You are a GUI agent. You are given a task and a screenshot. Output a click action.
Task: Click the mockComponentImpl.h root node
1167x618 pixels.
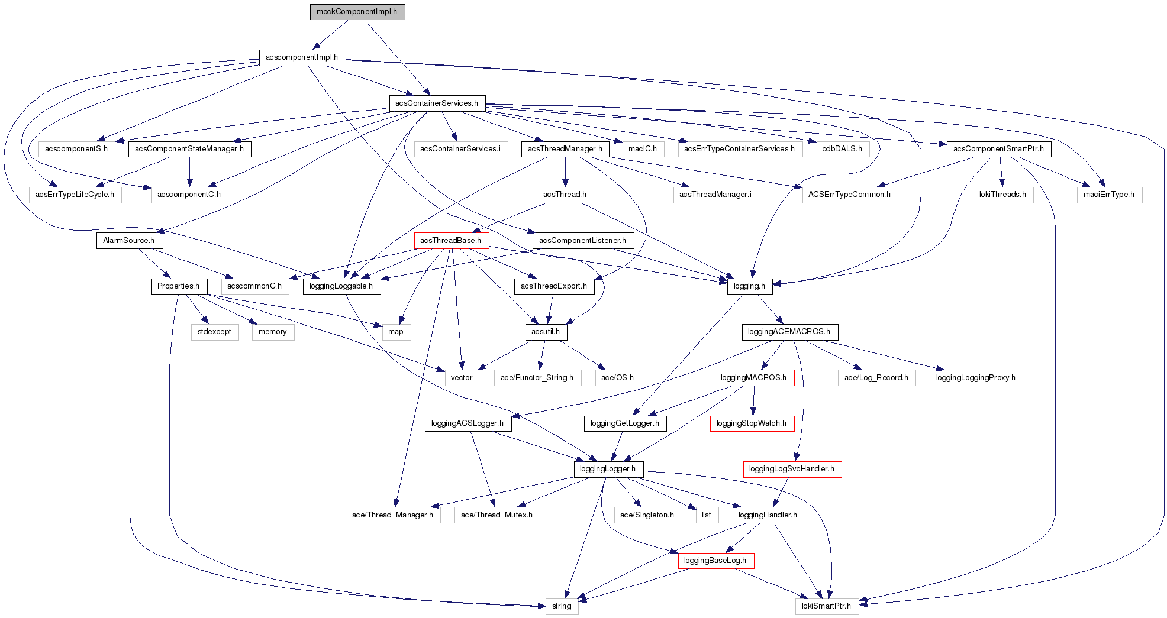[357, 12]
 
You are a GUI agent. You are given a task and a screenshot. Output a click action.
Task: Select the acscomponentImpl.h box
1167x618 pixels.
[302, 57]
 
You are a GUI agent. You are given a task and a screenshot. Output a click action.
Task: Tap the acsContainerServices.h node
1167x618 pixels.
[437, 103]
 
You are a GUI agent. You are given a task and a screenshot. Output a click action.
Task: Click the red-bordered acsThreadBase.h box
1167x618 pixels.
[451, 241]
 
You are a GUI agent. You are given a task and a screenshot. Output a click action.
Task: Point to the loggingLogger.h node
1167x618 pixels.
[608, 469]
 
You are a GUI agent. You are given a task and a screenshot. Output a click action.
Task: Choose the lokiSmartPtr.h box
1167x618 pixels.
[826, 606]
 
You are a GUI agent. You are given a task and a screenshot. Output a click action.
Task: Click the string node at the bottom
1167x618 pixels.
[562, 606]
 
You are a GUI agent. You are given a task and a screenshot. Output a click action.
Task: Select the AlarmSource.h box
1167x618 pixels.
[129, 241]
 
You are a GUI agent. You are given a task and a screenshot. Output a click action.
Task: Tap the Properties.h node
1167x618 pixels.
[179, 286]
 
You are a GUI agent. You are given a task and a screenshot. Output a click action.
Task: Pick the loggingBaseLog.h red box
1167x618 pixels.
[715, 561]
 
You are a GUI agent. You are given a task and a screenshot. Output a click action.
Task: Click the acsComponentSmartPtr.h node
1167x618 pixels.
[998, 149]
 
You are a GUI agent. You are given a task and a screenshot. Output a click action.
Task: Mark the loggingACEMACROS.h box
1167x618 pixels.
[789, 332]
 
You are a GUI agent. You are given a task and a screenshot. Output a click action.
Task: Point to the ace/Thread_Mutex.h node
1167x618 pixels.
[497, 515]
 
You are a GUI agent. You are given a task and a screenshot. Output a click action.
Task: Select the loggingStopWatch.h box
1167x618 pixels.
[752, 423]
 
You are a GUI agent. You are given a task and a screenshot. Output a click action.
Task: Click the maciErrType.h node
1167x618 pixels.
[1109, 195]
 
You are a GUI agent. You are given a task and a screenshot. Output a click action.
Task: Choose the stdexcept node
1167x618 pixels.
[214, 332]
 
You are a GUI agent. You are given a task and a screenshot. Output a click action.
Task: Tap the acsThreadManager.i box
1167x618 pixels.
[715, 195]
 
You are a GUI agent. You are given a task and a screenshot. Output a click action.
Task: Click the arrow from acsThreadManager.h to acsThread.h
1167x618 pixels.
[565, 172]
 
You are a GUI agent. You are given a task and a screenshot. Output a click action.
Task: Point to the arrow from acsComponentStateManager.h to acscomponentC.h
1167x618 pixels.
[189, 172]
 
